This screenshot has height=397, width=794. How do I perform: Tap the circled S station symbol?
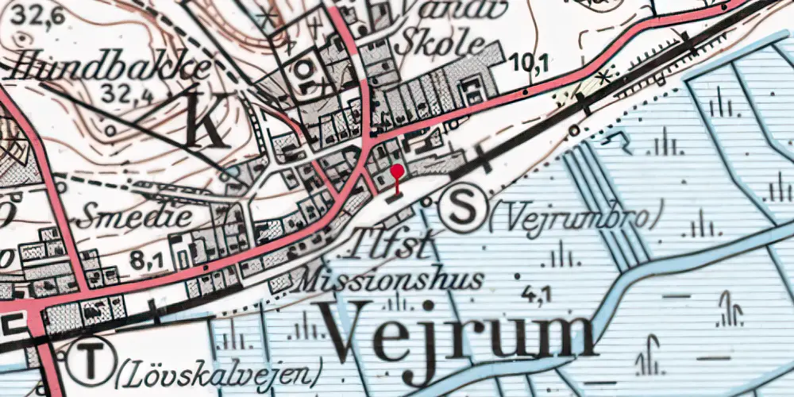point(462,209)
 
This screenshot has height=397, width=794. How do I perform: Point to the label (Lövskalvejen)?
point(220,370)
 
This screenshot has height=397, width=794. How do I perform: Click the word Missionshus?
point(391,279)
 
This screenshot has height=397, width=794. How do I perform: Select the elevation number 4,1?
point(535,297)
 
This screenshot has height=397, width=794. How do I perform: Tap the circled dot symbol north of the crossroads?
point(303,69)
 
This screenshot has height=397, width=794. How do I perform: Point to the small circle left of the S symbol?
point(426,202)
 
